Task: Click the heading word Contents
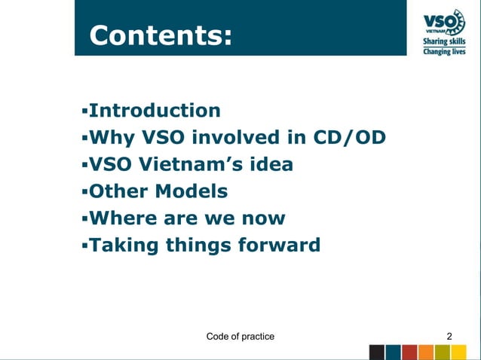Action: tap(160, 35)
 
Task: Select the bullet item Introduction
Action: tap(155, 111)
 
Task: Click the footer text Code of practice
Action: tap(240, 336)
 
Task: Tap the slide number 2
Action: tap(450, 336)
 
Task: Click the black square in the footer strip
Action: tap(376, 352)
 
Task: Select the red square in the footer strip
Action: tap(409, 352)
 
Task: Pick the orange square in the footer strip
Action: tap(426, 352)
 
